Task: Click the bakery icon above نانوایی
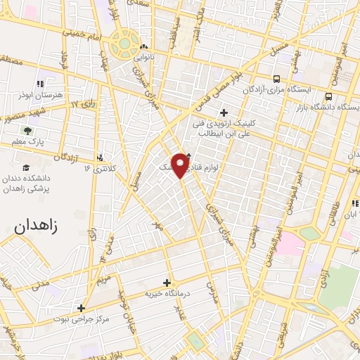(x=143, y=47)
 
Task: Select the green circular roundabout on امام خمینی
(x=124, y=44)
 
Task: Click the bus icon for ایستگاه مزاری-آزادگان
(x=277, y=79)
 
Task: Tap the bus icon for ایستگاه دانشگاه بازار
(x=328, y=96)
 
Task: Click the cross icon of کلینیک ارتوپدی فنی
(x=224, y=112)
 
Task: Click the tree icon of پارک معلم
(x=27, y=131)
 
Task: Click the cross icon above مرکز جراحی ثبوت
(x=82, y=308)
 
